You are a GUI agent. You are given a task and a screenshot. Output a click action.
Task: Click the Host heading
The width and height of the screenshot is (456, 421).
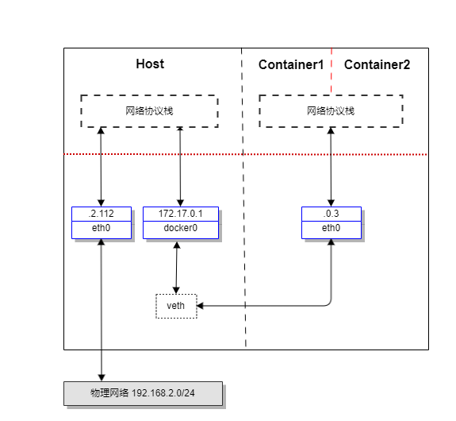(x=150, y=64)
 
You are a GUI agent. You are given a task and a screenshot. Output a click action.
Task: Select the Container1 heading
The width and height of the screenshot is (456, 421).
(x=291, y=64)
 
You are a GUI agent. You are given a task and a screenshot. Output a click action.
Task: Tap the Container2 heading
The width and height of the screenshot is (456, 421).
(x=377, y=64)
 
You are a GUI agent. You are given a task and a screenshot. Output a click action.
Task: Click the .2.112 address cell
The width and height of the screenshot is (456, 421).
(x=102, y=214)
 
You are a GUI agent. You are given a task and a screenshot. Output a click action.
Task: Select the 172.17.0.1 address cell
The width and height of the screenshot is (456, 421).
(x=181, y=214)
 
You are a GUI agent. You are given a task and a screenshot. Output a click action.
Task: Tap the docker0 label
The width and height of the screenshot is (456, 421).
(x=181, y=228)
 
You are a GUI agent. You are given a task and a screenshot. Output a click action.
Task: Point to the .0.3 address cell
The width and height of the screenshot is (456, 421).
(x=331, y=214)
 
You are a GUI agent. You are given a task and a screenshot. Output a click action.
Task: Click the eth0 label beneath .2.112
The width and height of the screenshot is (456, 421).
(x=102, y=228)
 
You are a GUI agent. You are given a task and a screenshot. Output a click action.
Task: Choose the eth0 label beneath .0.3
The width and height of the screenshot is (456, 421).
(x=331, y=228)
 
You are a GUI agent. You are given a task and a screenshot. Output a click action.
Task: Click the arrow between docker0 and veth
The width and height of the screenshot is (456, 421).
(x=177, y=268)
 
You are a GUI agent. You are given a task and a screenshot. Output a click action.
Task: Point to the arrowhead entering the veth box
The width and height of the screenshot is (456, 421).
(x=200, y=306)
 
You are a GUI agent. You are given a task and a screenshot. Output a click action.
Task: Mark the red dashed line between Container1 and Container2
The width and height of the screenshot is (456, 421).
(x=331, y=70)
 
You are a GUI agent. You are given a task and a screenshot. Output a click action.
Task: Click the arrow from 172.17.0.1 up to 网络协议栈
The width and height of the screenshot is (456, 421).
(x=180, y=167)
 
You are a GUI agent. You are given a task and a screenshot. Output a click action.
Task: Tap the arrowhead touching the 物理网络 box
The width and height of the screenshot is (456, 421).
(x=102, y=378)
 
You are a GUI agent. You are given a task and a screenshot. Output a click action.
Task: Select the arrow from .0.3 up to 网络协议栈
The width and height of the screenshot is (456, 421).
(x=331, y=167)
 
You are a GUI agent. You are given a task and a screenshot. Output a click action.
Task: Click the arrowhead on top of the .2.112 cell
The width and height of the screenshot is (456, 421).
(x=102, y=203)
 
